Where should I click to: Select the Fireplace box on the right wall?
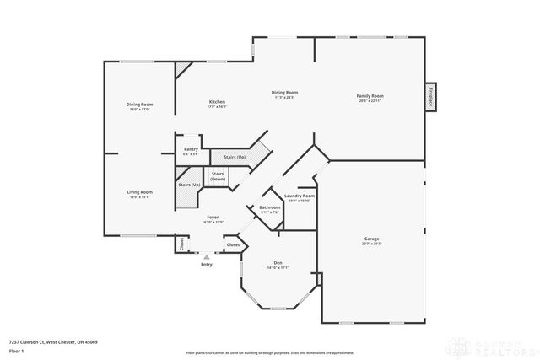(x=431, y=96)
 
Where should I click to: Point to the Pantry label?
(x=191, y=151)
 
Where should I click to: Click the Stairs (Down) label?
(x=218, y=178)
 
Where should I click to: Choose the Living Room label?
(x=139, y=193)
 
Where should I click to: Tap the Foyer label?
(x=213, y=219)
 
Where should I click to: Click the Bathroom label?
(x=269, y=208)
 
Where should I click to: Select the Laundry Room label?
(x=300, y=197)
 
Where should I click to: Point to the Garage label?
(x=372, y=240)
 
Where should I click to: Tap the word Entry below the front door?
(x=207, y=265)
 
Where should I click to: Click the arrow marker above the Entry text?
(x=207, y=255)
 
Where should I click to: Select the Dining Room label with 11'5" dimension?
(x=284, y=94)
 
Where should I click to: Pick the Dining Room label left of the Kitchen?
(x=139, y=105)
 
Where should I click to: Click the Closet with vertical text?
(x=181, y=244)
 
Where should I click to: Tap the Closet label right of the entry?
(x=233, y=244)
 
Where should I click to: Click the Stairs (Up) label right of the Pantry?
(x=228, y=157)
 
